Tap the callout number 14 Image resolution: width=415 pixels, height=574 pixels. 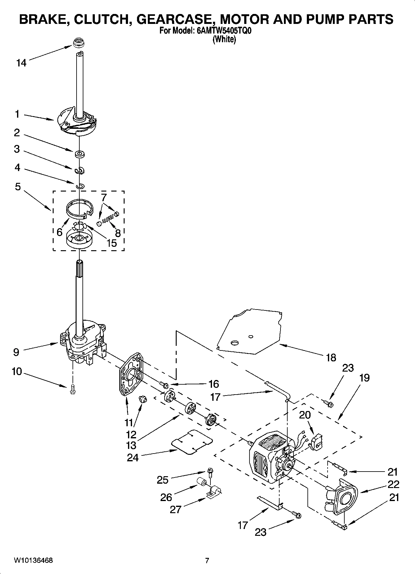(x=21, y=63)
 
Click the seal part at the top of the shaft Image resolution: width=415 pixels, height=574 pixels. (x=79, y=43)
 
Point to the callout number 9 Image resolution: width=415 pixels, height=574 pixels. (x=16, y=352)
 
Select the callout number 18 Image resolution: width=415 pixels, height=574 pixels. (x=331, y=358)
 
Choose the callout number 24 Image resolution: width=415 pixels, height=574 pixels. (x=133, y=458)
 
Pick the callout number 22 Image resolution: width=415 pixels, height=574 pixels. (x=393, y=484)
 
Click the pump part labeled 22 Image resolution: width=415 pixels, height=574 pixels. (x=342, y=500)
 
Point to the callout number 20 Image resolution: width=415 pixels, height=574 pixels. (x=305, y=415)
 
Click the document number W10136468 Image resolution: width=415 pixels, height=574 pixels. (x=33, y=560)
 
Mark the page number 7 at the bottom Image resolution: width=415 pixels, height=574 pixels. (x=207, y=560)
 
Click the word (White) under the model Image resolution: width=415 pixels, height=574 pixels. (x=224, y=40)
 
